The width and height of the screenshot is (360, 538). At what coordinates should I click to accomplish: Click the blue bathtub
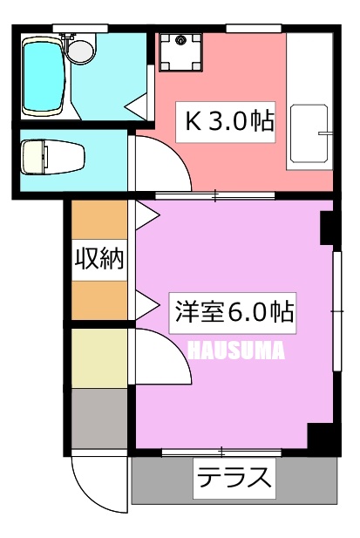click(x=44, y=77)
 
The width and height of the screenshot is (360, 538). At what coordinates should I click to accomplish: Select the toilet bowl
click(x=52, y=157)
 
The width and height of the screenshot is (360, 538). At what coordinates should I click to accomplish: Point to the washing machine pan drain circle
click(x=180, y=40)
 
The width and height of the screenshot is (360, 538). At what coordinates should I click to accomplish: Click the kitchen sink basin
click(x=309, y=133)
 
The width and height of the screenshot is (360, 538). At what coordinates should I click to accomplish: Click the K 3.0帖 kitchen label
click(x=226, y=122)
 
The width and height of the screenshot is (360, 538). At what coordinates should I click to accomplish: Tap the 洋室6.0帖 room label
click(x=233, y=313)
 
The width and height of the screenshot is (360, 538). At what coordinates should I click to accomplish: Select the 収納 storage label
click(x=99, y=260)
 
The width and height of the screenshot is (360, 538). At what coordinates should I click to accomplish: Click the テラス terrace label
click(x=234, y=479)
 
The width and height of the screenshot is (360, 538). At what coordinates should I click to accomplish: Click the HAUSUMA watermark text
click(x=237, y=351)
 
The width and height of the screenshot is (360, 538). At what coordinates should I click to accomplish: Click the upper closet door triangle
click(x=148, y=215)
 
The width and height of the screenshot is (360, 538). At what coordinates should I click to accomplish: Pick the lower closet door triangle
click(x=148, y=304)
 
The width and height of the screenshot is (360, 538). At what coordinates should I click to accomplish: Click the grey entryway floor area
click(x=99, y=419)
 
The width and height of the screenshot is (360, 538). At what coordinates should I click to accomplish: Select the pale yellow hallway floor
click(x=99, y=358)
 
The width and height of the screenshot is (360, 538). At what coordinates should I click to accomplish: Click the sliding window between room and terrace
click(x=221, y=453)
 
